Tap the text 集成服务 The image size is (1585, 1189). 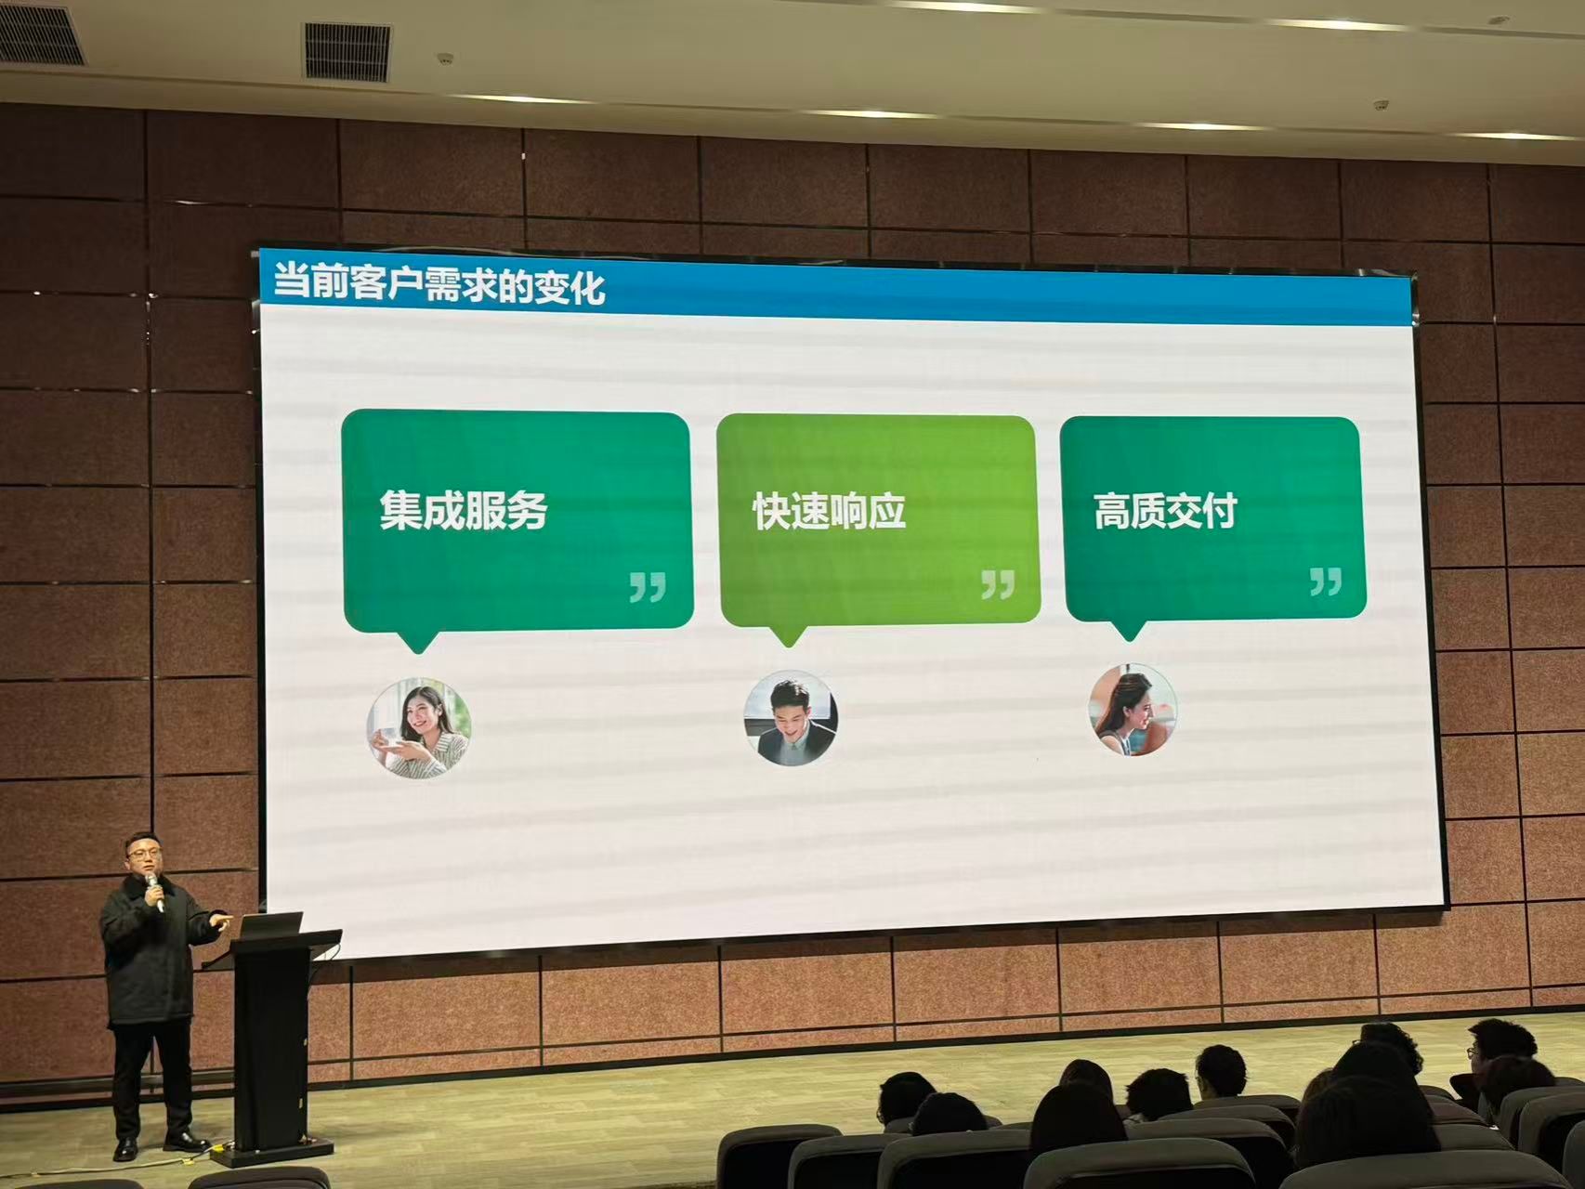(x=464, y=510)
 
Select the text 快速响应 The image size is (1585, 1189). (x=829, y=512)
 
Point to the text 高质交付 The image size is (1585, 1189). (x=1165, y=511)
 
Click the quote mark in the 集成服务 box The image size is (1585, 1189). (x=648, y=587)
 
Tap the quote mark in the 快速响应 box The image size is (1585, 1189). (x=998, y=584)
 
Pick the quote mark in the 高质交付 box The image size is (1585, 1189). (x=1326, y=581)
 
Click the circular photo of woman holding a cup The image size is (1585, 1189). (x=419, y=726)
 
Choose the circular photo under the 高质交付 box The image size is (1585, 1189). (x=1133, y=709)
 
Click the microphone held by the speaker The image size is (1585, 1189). (x=156, y=893)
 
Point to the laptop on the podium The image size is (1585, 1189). (x=270, y=925)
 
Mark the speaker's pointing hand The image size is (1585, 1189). (x=219, y=920)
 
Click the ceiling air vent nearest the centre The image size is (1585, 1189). (x=348, y=51)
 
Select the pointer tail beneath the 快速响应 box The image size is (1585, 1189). (x=788, y=635)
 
